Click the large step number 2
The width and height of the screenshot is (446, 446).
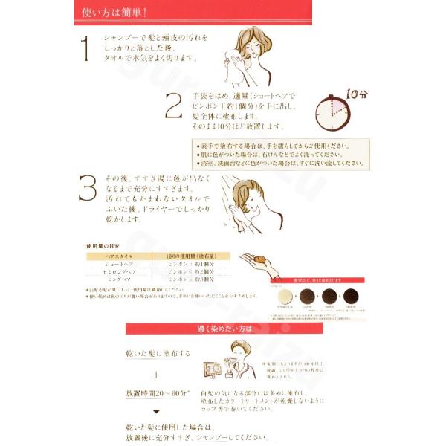point(174,107)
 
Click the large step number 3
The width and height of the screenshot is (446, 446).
point(88,189)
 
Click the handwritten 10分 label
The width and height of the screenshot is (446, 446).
point(356,94)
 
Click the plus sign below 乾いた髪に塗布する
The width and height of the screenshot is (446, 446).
point(157,375)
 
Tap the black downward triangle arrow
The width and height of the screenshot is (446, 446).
point(157,410)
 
